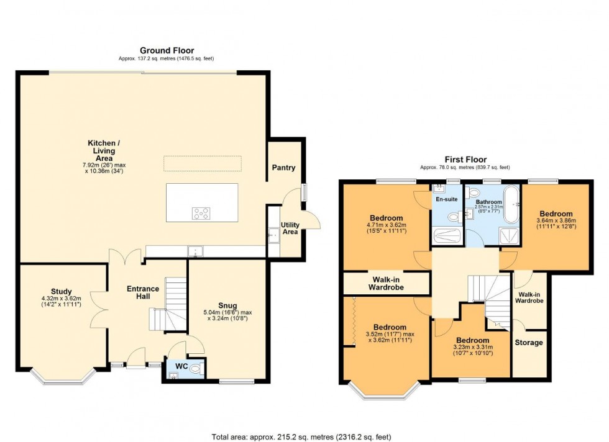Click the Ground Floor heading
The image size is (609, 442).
[x=167, y=50]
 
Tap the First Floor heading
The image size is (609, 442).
[x=465, y=160]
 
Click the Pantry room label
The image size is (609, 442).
[x=283, y=168]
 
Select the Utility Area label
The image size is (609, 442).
[x=290, y=228]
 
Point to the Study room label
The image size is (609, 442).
[x=62, y=292]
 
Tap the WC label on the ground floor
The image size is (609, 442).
[x=181, y=367]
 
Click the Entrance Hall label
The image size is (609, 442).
[x=143, y=292]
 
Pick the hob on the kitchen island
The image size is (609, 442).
[x=201, y=214]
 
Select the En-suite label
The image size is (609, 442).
[x=446, y=200]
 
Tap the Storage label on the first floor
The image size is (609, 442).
[x=529, y=343]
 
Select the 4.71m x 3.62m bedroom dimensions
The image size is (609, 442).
[x=386, y=229]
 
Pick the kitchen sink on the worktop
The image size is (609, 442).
[x=195, y=252]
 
